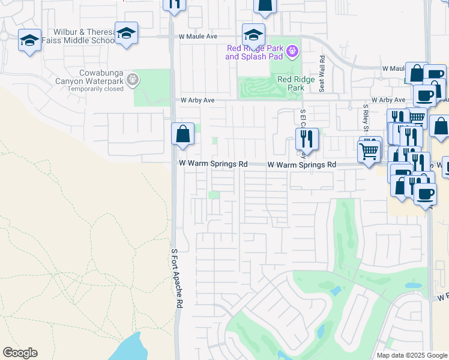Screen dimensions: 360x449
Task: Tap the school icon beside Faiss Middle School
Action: pos(126,34)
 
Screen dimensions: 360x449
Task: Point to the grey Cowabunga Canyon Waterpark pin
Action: pos(133,79)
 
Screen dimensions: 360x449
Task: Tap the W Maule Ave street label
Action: pos(197,37)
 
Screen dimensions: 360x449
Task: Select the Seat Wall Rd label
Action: pos(322,74)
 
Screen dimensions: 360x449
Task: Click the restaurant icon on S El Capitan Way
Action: pos(307,139)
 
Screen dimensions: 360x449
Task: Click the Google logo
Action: pos(20,353)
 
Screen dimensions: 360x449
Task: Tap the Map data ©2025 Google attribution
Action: pos(411,355)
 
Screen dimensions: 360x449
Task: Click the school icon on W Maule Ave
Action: pos(253,34)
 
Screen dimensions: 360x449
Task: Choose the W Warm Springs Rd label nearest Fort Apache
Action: pos(214,164)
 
